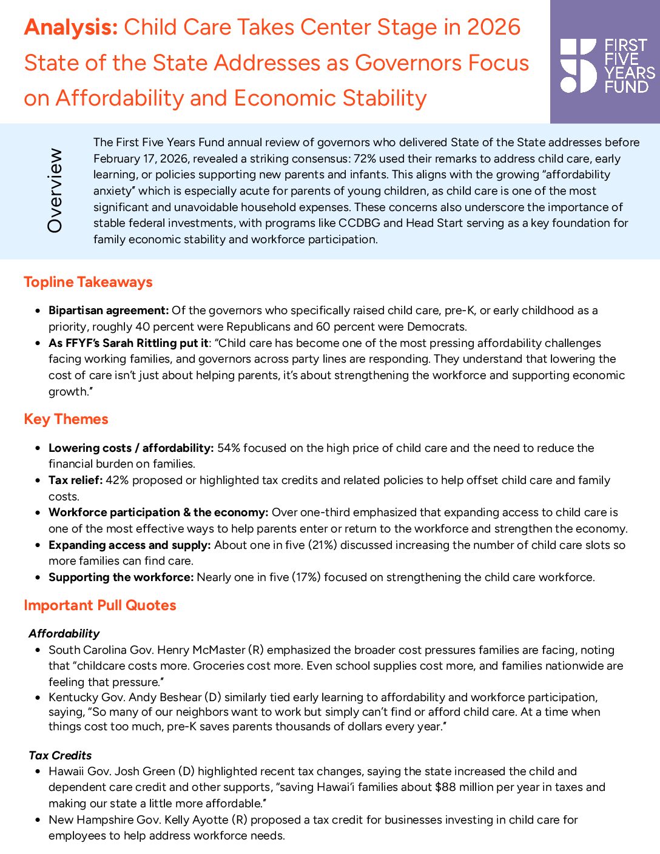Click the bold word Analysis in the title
71,27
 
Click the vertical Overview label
55,190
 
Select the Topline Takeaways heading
88,282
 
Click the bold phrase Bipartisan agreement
109,311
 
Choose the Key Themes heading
66,419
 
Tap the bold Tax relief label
76,480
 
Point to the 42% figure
117,480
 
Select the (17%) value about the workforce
306,577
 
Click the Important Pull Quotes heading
100,605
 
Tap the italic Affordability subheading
64,633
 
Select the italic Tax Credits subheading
60,755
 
